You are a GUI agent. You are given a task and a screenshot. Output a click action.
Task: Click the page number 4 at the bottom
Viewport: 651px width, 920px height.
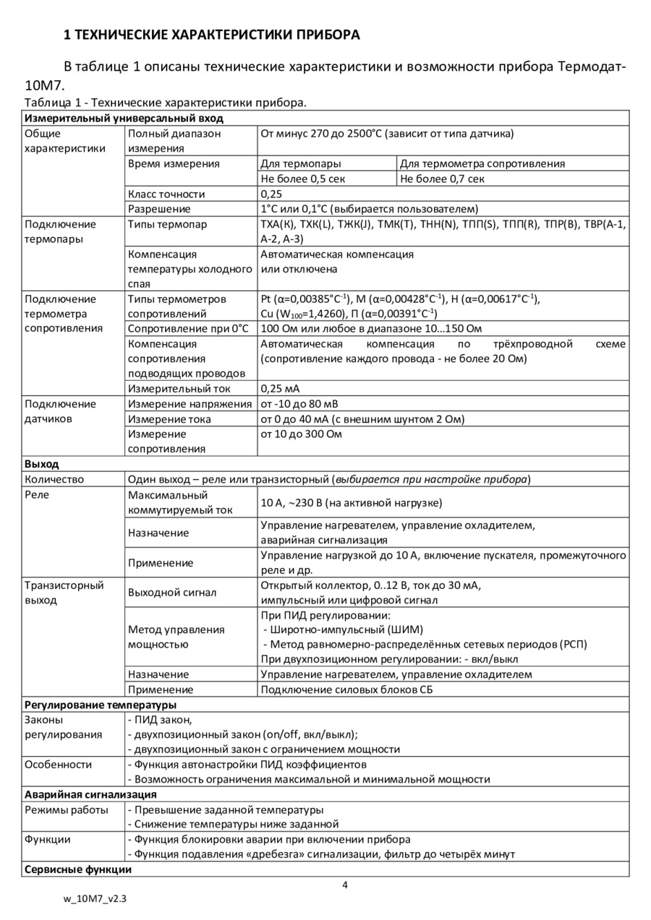coord(345,885)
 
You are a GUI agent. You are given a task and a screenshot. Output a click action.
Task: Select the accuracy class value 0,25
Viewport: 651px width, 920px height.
coord(271,194)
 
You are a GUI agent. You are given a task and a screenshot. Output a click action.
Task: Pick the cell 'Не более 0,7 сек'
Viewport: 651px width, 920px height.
coord(442,179)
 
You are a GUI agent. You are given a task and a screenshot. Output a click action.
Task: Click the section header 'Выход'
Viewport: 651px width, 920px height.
coord(42,464)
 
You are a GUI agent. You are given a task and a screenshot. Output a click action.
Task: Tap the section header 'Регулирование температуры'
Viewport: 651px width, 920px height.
coord(101,705)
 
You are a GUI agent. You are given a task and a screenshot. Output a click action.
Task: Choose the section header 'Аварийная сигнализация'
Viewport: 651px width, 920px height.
coord(90,795)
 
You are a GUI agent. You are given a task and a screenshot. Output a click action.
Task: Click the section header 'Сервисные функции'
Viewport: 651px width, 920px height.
coord(78,869)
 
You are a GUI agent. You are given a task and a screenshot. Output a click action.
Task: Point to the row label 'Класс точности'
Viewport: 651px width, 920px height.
coord(166,194)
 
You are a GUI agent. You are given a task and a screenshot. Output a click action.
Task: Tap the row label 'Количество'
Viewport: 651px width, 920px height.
coord(54,479)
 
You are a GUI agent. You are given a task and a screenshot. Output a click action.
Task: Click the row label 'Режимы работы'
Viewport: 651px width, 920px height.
coord(67,809)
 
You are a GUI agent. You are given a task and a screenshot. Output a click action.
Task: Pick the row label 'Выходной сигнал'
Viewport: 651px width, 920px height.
coord(172,593)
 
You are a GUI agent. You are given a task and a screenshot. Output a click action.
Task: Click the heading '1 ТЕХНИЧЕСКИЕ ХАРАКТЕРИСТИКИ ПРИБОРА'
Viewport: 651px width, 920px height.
coord(213,35)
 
